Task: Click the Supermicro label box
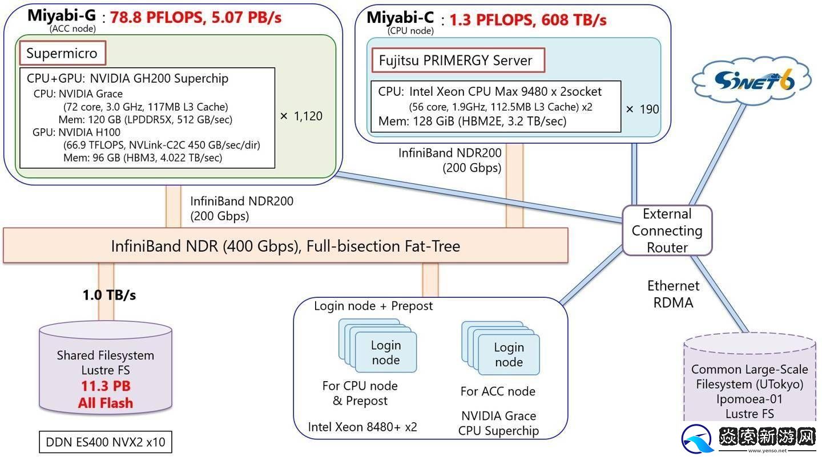(x=62, y=54)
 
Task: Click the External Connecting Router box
(x=667, y=230)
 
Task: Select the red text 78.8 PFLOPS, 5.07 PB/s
(x=196, y=17)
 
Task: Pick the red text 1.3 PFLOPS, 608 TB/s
(x=527, y=20)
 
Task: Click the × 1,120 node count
(x=301, y=116)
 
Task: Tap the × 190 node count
(x=642, y=109)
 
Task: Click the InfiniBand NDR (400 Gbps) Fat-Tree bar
(x=285, y=246)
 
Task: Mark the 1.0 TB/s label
(x=109, y=295)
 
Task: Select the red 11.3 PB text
(x=106, y=386)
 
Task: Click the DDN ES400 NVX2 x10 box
(x=106, y=442)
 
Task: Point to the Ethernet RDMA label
(x=673, y=294)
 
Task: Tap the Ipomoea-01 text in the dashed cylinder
(x=750, y=399)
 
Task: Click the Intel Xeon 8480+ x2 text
(x=362, y=427)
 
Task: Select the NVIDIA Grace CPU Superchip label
(x=498, y=423)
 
